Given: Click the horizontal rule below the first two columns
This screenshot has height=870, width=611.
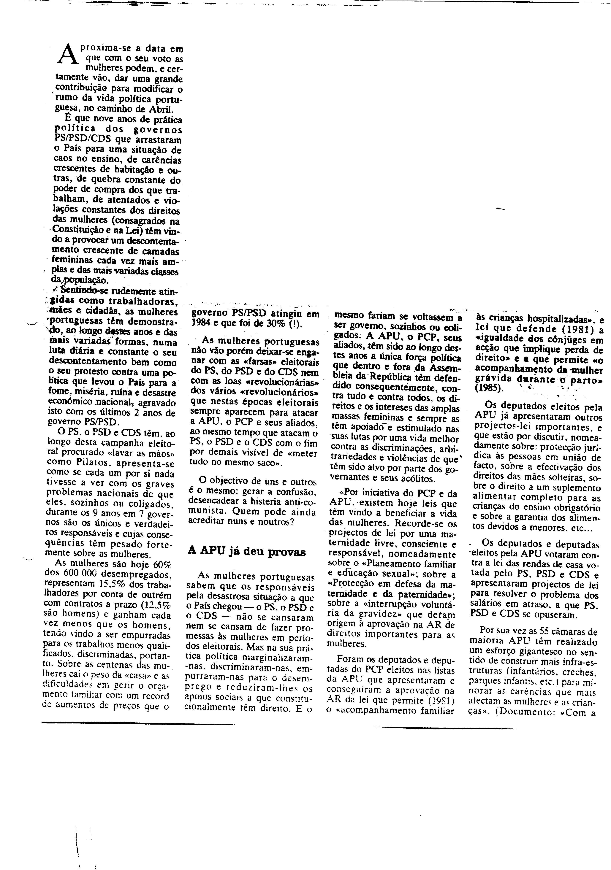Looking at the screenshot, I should point(138,725).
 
